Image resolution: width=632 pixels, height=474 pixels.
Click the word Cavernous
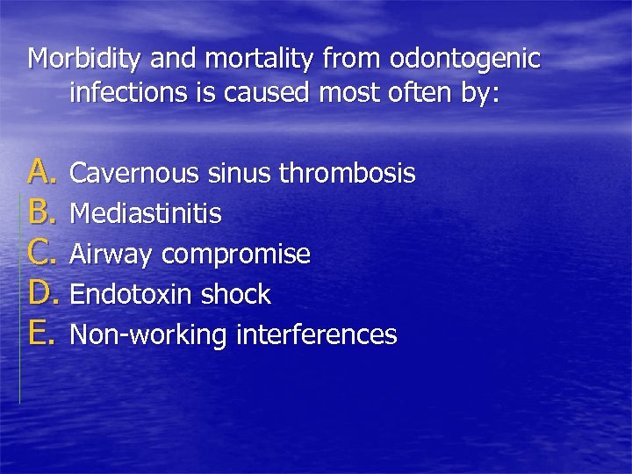(136, 174)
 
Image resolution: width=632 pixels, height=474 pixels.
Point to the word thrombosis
(347, 174)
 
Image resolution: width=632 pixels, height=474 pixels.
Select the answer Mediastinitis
(146, 214)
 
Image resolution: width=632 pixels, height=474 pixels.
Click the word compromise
(237, 255)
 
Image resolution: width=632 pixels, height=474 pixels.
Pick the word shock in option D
(237, 295)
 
